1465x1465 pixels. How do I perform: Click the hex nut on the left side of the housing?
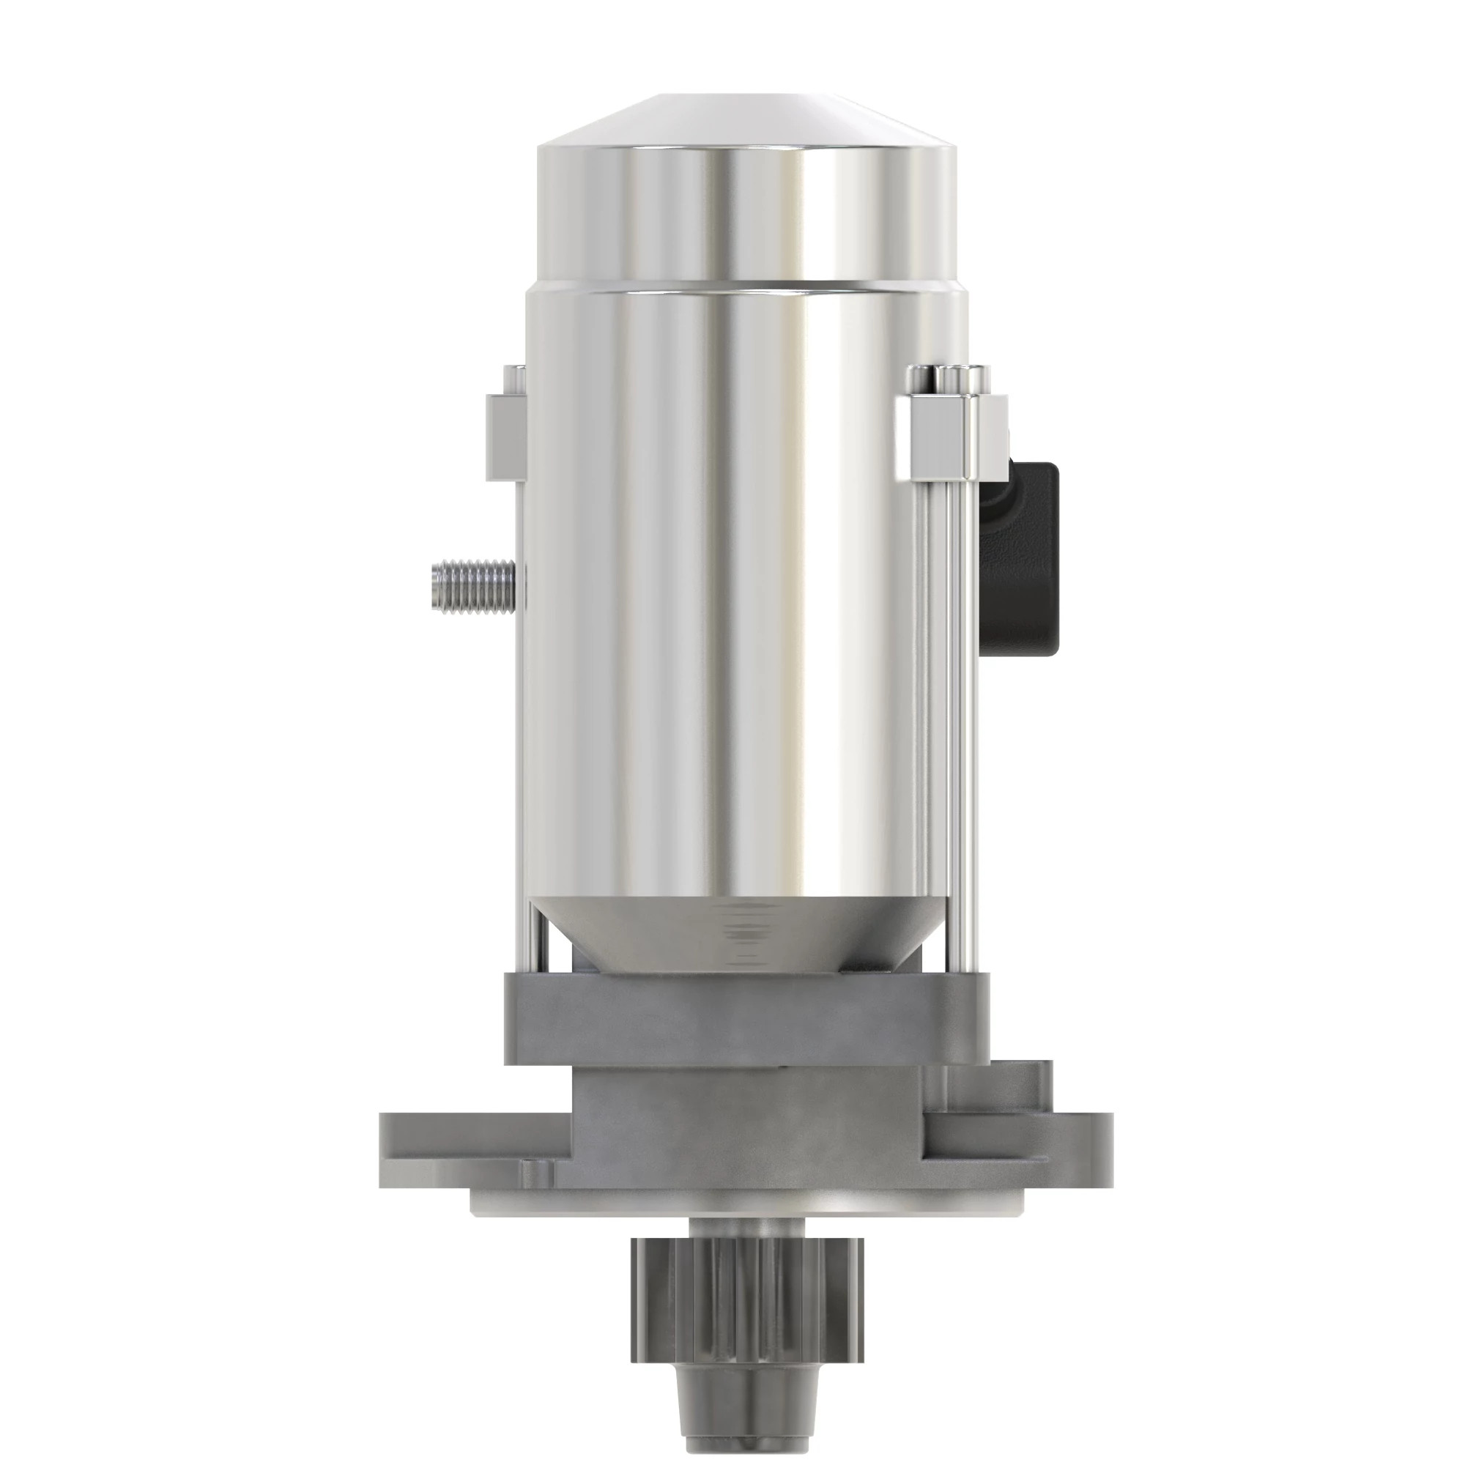click(502, 437)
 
